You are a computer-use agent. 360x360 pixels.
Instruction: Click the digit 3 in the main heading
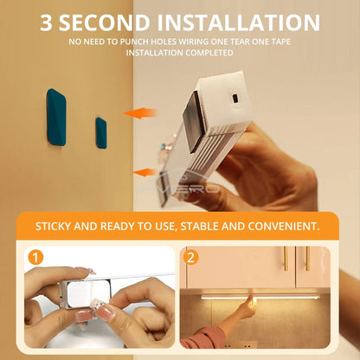click(46, 22)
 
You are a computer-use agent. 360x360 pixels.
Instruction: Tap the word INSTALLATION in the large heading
click(238, 22)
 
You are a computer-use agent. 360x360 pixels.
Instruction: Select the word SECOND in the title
click(105, 22)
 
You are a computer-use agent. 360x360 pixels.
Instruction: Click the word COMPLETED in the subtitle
click(209, 53)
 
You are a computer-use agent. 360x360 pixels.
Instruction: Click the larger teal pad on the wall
click(56, 117)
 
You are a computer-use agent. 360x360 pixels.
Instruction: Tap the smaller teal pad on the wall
click(101, 132)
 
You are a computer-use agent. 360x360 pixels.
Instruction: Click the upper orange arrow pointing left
click(140, 113)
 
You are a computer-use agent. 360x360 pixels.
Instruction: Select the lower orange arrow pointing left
click(145, 172)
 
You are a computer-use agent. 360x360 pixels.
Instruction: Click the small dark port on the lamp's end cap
click(235, 98)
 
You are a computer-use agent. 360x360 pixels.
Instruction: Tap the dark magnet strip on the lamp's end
click(194, 121)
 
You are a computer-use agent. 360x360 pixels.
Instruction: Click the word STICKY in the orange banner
click(54, 227)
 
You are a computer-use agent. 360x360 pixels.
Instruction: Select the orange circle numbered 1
click(35, 258)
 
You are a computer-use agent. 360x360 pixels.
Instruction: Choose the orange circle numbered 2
click(190, 257)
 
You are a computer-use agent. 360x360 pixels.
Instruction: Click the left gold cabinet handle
click(286, 259)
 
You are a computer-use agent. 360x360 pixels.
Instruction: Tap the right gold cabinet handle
click(307, 259)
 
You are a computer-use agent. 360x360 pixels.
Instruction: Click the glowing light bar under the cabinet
click(260, 297)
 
